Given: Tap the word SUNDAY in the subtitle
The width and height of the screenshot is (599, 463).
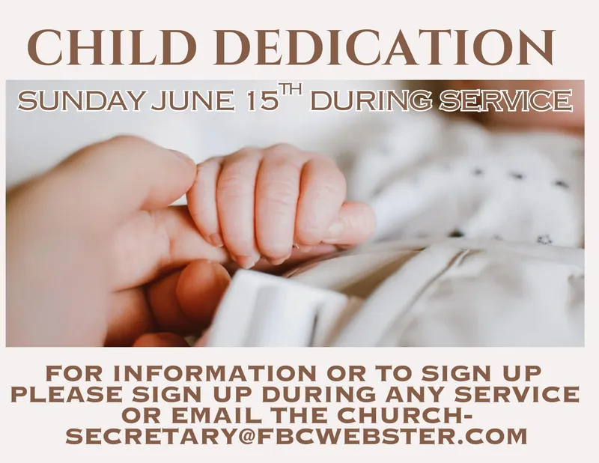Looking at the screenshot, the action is (80, 101).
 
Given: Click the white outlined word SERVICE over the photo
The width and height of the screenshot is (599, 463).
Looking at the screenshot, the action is (506, 101).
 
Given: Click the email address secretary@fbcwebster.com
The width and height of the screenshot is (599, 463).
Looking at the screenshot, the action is (297, 436).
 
